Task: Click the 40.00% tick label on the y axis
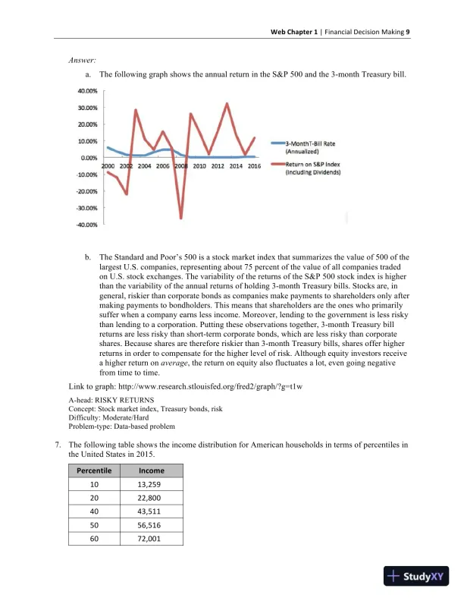click(86, 90)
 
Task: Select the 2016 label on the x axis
click(254, 165)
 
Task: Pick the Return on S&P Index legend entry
click(312, 168)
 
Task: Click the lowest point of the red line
click(180, 219)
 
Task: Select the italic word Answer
click(82, 59)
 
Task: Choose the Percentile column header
click(96, 470)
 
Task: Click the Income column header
click(152, 470)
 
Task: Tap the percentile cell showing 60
click(96, 540)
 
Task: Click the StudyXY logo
click(417, 576)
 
